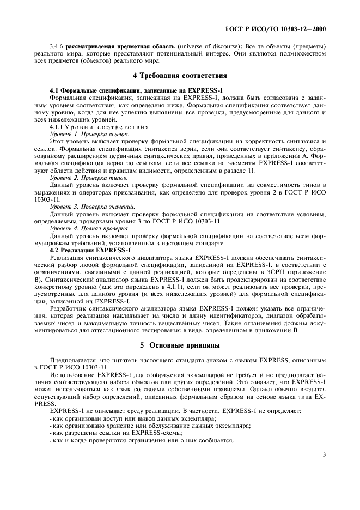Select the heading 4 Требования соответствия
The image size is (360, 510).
pos(180,76)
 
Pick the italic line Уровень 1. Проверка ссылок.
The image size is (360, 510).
pos(89,133)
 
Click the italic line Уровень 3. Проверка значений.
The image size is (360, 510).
pos(93,207)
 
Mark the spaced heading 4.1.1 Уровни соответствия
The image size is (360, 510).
pos(99,126)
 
